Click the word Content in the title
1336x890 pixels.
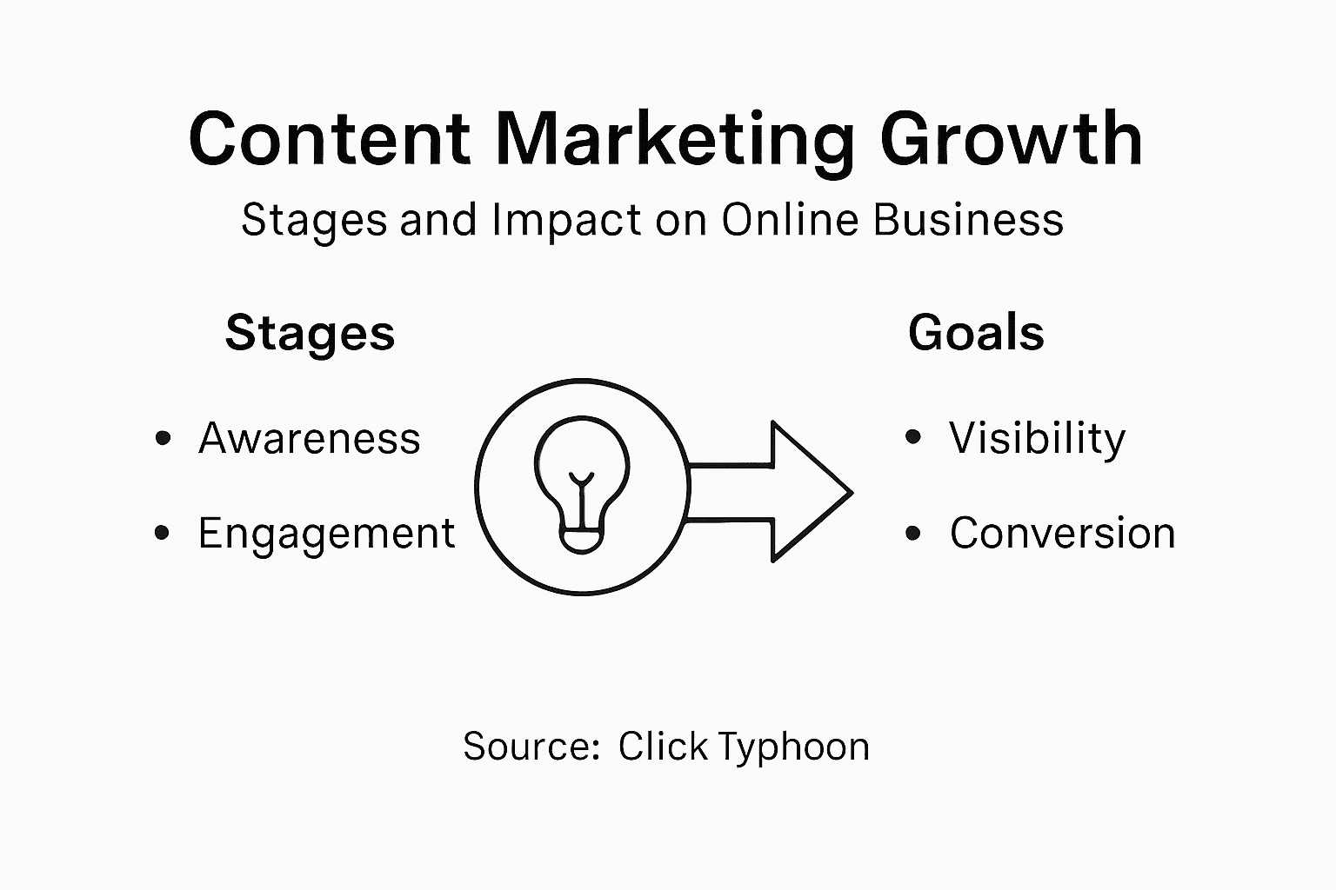tap(330, 139)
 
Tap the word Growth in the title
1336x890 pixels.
tap(1011, 141)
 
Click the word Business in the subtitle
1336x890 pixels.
tap(968, 219)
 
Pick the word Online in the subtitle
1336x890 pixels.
tap(791, 219)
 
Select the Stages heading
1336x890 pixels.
tap(310, 334)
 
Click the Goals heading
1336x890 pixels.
tap(976, 333)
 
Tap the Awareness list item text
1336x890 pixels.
tap(309, 438)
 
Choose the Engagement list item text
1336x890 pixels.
tap(326, 534)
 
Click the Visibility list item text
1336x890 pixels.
tap(1037, 438)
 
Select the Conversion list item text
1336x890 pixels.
tap(1062, 533)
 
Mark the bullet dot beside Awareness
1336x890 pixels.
tap(163, 438)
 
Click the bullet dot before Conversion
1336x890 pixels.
tap(912, 533)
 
